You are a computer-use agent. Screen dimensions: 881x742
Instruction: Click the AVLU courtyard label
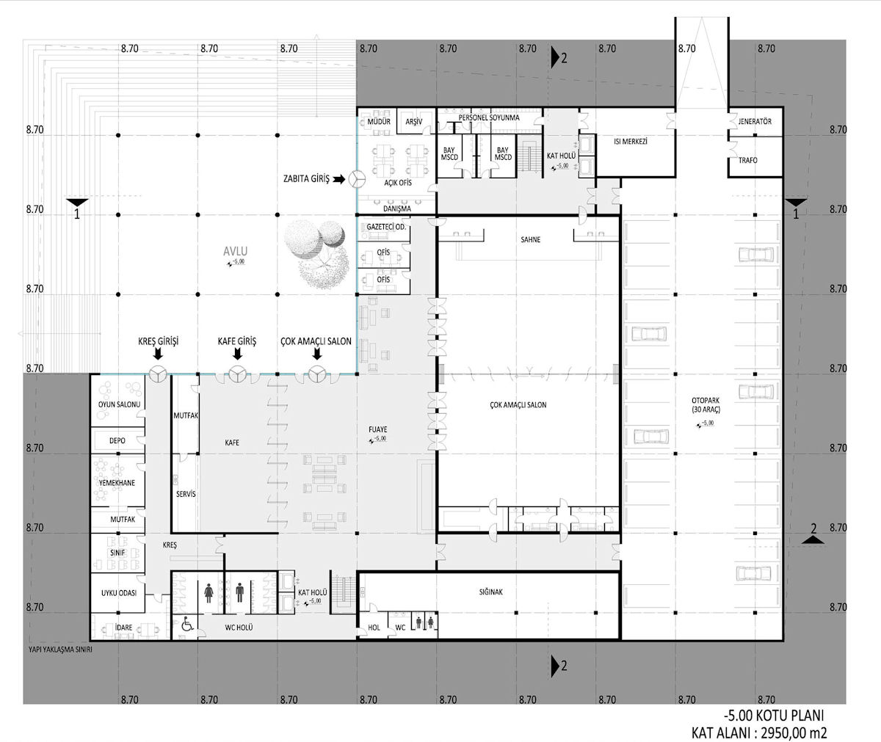pos(235,252)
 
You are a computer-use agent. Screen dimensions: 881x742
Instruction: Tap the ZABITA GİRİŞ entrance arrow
pos(338,179)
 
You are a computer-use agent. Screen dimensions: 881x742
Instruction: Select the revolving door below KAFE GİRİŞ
pos(238,374)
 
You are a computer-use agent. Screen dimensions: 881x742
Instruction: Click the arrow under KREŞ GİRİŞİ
pos(158,354)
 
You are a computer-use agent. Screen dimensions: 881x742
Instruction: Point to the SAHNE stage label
pos(530,239)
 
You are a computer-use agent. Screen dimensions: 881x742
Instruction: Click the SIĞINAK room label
pos(490,592)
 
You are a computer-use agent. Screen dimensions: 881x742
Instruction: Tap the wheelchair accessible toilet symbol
pos(187,624)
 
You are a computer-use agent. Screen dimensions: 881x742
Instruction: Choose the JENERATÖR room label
pos(755,122)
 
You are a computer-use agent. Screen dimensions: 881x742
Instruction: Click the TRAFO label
pos(747,160)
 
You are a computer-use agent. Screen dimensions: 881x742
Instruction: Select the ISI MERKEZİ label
pos(631,142)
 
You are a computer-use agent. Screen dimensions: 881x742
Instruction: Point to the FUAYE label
pos(377,429)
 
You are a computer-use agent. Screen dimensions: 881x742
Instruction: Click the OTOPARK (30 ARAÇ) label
pos(706,405)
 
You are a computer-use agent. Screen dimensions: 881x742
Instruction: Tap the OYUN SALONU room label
pos(119,404)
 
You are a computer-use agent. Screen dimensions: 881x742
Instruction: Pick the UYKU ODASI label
pos(118,593)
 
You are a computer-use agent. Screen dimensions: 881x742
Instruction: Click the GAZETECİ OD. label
pos(386,227)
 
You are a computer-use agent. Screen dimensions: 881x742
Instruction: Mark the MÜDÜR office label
pos(379,122)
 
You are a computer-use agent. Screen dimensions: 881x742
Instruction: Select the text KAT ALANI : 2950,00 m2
pos(759,732)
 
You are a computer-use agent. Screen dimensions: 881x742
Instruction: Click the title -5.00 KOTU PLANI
pos(773,716)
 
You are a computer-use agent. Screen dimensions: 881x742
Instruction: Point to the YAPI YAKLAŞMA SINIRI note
pos(60,650)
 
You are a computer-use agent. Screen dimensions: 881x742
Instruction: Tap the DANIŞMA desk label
pos(397,208)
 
